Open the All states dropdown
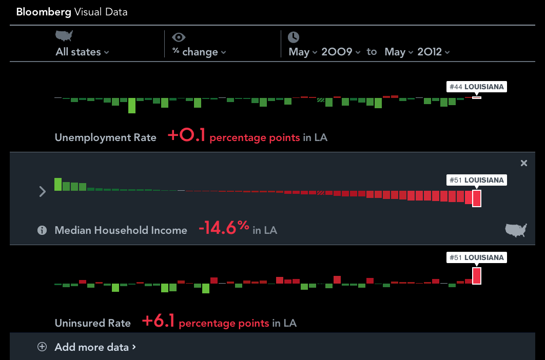(82, 52)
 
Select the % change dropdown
(199, 52)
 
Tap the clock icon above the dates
(293, 37)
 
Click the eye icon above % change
(179, 37)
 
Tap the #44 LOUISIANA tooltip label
(476, 87)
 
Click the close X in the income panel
(523, 163)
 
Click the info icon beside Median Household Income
(42, 230)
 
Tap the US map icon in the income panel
(516, 230)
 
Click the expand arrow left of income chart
(43, 192)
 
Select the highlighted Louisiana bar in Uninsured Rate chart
(477, 276)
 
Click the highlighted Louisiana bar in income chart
(477, 198)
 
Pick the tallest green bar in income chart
(58, 184)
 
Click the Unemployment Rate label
(105, 137)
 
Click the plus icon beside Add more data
(42, 347)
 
